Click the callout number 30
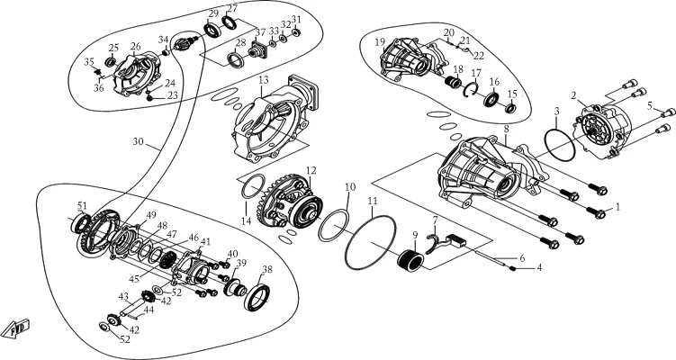click(138, 141)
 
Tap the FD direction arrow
click(16, 329)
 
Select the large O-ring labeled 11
click(370, 243)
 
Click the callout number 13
click(264, 80)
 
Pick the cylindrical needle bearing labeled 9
click(410, 261)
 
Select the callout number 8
click(506, 129)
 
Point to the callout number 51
click(82, 205)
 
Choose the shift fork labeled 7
click(432, 245)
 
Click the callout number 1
click(617, 207)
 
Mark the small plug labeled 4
click(513, 268)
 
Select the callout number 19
click(379, 41)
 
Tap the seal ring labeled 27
click(230, 22)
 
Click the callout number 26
click(135, 46)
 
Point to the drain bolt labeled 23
click(150, 98)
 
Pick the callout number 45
click(133, 279)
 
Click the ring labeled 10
click(333, 226)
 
